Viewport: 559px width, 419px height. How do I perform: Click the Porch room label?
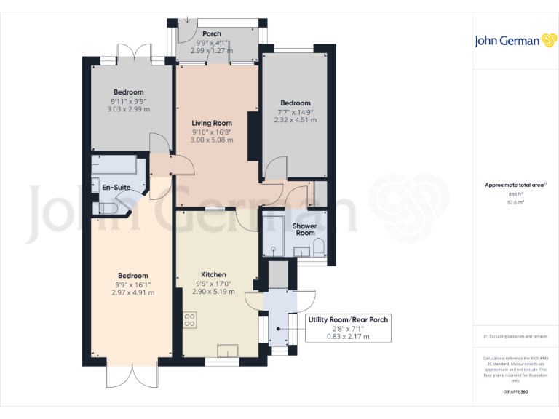click(x=212, y=34)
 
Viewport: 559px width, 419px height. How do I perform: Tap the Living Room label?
click(x=212, y=123)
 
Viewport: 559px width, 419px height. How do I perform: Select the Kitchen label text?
click(x=203, y=275)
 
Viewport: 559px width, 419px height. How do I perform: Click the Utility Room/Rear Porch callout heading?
click(x=348, y=319)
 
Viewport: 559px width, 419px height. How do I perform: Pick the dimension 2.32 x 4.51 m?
click(x=295, y=120)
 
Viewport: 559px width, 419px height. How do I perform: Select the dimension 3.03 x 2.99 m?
click(x=127, y=110)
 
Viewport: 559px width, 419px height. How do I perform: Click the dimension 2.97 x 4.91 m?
click(x=132, y=292)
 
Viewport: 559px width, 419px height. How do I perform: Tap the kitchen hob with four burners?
click(x=190, y=318)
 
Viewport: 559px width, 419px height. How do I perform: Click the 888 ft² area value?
click(x=515, y=194)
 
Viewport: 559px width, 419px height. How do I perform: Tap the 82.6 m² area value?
click(x=515, y=203)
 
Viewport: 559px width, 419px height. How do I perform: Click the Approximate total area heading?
click(x=514, y=185)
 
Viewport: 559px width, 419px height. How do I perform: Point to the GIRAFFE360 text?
click(x=515, y=393)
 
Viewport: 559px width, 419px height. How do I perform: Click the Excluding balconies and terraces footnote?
click(x=515, y=336)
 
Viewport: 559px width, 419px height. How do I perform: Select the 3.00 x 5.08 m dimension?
click(x=212, y=140)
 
